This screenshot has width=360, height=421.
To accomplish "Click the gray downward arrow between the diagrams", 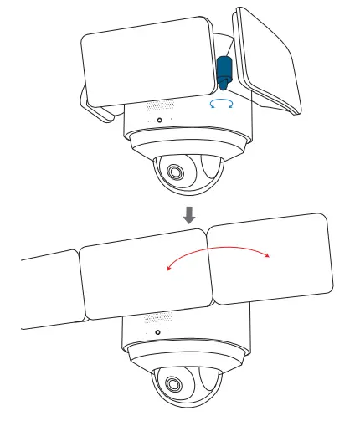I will pos(190,213).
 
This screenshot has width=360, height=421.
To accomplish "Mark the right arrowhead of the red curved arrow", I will pos(268,257).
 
